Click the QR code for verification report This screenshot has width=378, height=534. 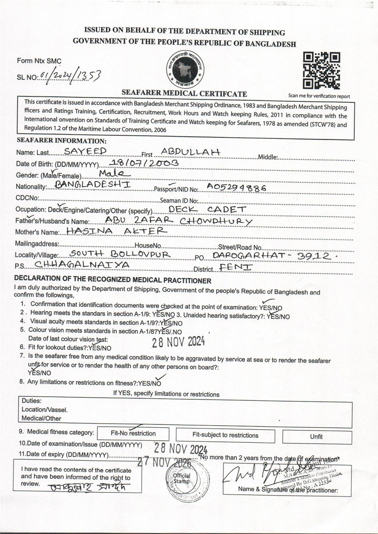click(x=321, y=70)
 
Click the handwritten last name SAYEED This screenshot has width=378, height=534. click(x=85, y=152)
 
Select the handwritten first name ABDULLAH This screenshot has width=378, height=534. click(x=190, y=152)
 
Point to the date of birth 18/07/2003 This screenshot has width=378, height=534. click(x=144, y=163)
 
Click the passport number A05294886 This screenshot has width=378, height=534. click(x=236, y=187)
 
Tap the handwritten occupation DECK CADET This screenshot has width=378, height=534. click(x=207, y=209)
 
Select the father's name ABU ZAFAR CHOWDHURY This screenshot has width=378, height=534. click(x=179, y=220)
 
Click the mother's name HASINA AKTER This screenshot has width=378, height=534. click(x=117, y=231)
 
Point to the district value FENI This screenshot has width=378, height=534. click(x=236, y=267)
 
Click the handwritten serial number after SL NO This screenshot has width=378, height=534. click(x=70, y=76)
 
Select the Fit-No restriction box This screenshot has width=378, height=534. click(x=133, y=434)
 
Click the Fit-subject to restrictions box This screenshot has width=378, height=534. click(x=225, y=436)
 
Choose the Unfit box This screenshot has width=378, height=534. click(x=317, y=437)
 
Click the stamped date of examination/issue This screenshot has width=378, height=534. click(x=181, y=448)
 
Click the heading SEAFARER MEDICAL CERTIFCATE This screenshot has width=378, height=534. click(x=184, y=93)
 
